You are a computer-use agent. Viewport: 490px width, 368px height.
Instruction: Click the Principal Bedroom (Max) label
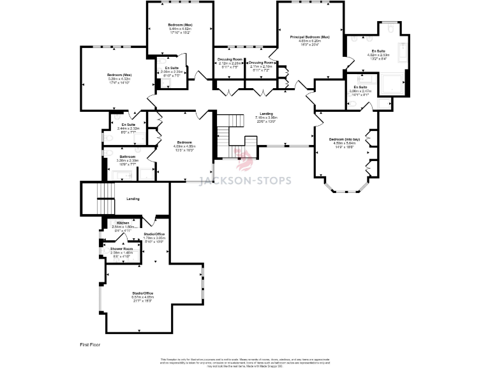click(x=309, y=37)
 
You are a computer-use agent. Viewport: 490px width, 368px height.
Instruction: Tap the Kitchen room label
click(x=122, y=222)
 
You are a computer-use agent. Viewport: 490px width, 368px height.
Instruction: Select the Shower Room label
click(x=121, y=248)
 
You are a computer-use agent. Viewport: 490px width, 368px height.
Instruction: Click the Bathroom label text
click(x=127, y=157)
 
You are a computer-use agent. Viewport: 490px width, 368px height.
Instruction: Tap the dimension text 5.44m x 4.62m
click(x=181, y=29)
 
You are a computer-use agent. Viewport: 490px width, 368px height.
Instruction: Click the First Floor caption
click(x=91, y=344)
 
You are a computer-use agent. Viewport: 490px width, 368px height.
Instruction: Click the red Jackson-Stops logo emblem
click(x=244, y=162)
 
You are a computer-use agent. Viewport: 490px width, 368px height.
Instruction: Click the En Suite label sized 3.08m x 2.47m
click(x=360, y=87)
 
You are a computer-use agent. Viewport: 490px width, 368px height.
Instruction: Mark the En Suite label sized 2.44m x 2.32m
click(x=128, y=125)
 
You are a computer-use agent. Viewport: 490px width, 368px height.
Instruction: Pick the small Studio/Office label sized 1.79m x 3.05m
click(x=155, y=234)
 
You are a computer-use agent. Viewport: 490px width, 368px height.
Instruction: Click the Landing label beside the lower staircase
click(x=133, y=199)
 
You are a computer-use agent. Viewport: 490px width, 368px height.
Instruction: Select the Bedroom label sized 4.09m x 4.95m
click(x=184, y=142)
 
